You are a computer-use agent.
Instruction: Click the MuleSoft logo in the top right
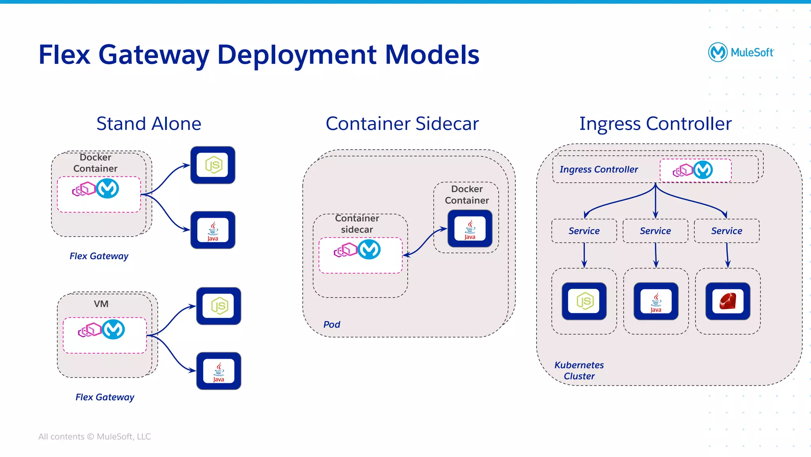[x=741, y=52]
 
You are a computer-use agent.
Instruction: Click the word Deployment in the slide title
[x=297, y=55]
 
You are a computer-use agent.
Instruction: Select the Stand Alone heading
[x=149, y=124]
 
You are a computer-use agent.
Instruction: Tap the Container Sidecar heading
[x=402, y=124]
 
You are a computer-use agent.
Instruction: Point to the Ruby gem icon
[x=727, y=301]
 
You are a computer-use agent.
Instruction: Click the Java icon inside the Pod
[x=470, y=229]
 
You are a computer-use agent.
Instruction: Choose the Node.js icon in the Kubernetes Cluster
[x=584, y=301]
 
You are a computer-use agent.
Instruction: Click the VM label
[x=101, y=304]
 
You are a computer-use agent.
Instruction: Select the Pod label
[x=331, y=325]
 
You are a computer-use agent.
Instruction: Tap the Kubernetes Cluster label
[x=579, y=371]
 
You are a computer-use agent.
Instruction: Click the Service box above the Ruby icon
[x=727, y=231]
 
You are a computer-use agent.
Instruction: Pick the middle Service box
[x=655, y=231]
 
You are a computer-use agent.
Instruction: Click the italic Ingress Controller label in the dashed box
[x=599, y=170]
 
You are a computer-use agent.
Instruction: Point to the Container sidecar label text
[x=357, y=224]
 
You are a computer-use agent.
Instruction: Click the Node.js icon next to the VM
[x=219, y=306]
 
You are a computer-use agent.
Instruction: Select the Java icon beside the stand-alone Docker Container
[x=213, y=230]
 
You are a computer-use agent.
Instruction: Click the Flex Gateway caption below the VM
[x=105, y=397]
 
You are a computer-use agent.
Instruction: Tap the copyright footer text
[x=94, y=436]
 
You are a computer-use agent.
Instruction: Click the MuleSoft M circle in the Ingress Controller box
[x=703, y=170]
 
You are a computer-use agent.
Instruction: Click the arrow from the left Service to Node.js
[x=584, y=256]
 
